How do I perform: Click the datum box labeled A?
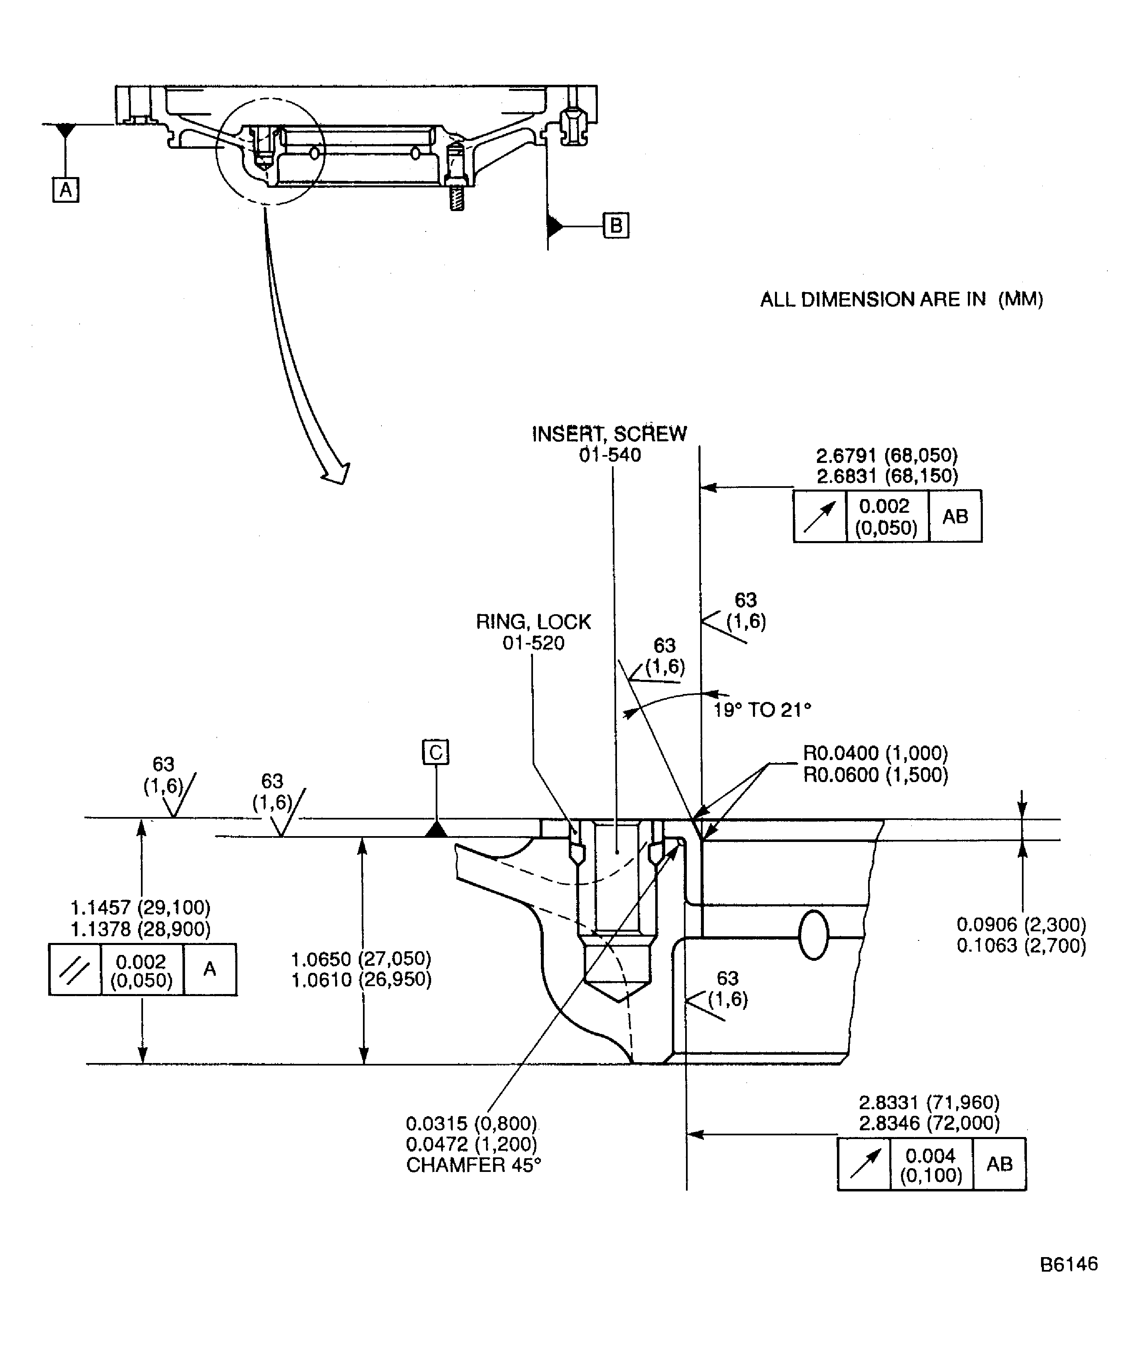tap(65, 190)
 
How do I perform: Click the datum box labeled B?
tap(616, 226)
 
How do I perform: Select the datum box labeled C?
tap(436, 752)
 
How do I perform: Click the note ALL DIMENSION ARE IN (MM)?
tap(901, 300)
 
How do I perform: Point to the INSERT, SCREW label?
tap(609, 434)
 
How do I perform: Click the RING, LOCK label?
tap(533, 622)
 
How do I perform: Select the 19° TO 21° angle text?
tap(762, 710)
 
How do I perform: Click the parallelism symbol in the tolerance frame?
tap(75, 970)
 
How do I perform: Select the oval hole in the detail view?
tap(813, 935)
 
